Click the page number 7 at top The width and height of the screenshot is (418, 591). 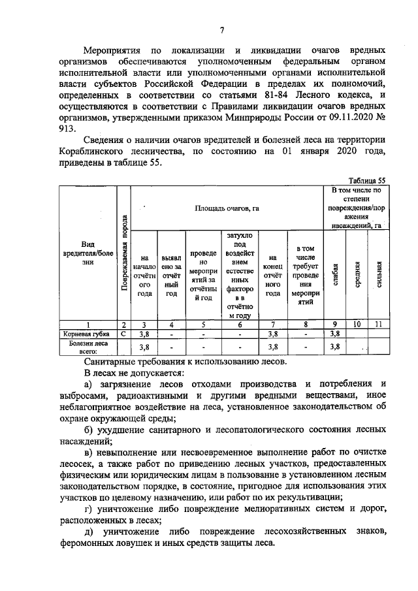click(x=222, y=29)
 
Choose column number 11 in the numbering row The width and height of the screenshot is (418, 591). click(x=378, y=324)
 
